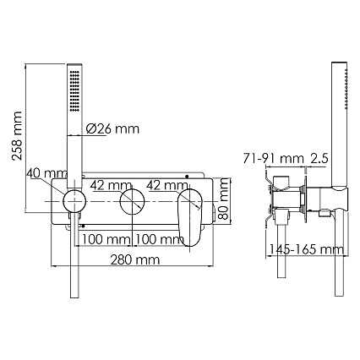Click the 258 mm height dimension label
click(x=18, y=136)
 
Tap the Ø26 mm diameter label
click(x=112, y=128)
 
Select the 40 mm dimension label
click(x=47, y=173)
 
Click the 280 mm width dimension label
click(x=135, y=259)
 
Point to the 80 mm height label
click(x=224, y=199)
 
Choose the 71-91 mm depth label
click(x=274, y=159)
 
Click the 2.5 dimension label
click(x=319, y=159)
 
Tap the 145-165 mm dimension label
click(x=307, y=249)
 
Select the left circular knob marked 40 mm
click(x=74, y=201)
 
